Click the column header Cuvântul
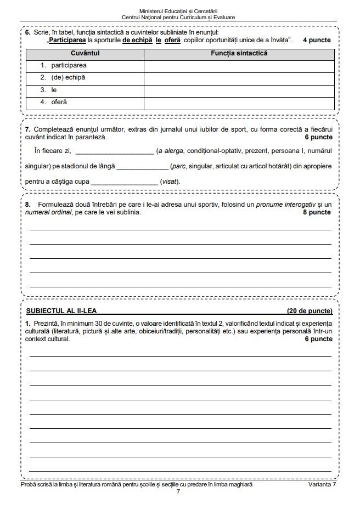click(x=85, y=53)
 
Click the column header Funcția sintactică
click(x=239, y=53)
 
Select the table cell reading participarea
click(x=69, y=65)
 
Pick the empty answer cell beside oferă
click(x=239, y=102)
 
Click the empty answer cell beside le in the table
click(x=239, y=90)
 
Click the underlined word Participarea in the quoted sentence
click(x=68, y=40)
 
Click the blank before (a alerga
click(x=114, y=151)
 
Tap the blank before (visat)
click(x=124, y=182)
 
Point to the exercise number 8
click(x=28, y=204)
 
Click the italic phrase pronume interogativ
click(x=288, y=204)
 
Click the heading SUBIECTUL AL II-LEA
click(x=61, y=311)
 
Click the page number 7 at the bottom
click(x=178, y=491)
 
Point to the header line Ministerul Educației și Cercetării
click(x=179, y=11)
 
